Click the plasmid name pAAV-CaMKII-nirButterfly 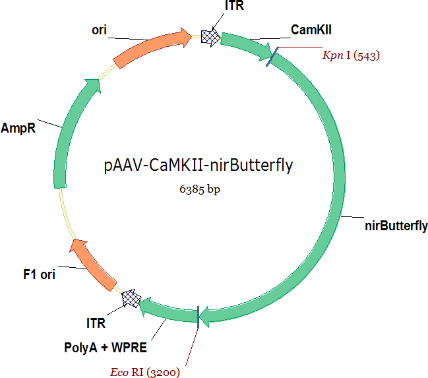[x=198, y=165]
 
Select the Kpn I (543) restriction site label [x=350, y=55]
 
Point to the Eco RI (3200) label [x=144, y=371]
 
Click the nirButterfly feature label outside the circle [x=396, y=226]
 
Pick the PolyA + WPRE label [x=106, y=347]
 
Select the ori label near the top [x=100, y=30]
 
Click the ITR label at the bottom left [x=96, y=324]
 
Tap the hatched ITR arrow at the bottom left [x=133, y=299]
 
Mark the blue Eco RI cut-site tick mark [x=199, y=315]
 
